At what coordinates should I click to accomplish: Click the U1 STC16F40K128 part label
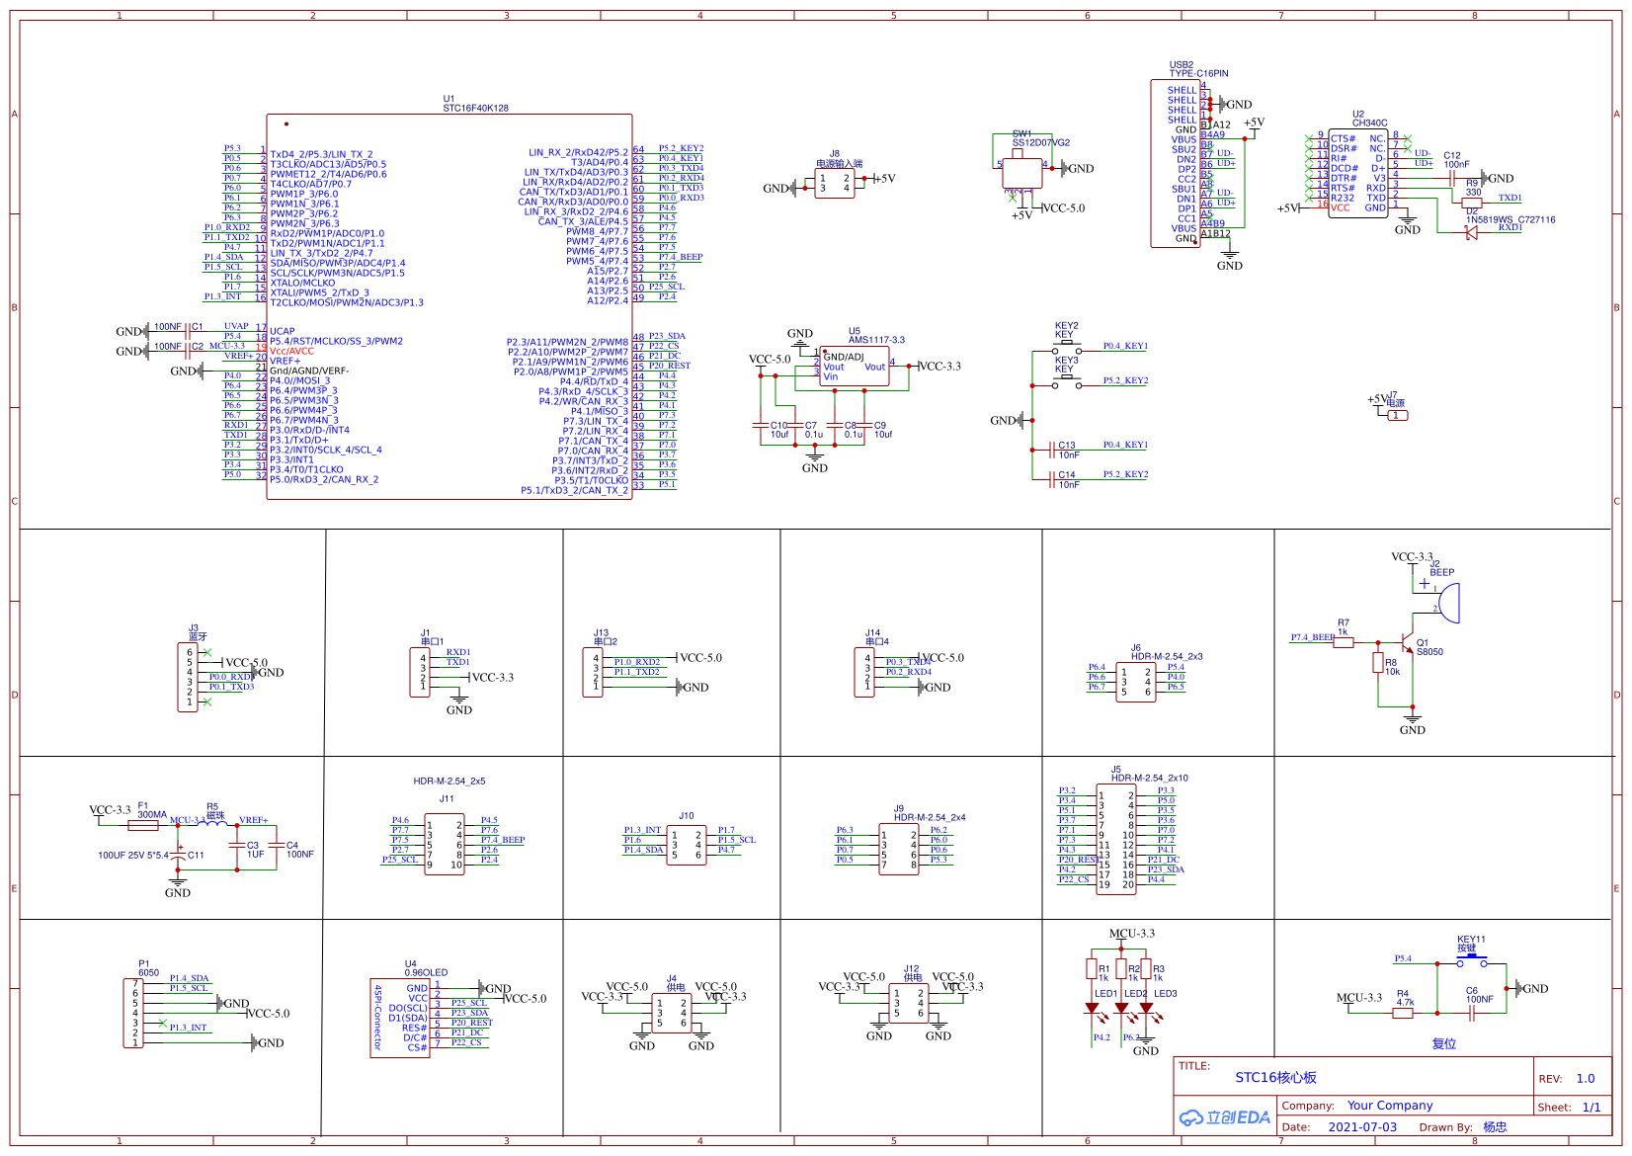point(475,108)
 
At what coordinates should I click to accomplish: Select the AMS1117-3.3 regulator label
point(875,340)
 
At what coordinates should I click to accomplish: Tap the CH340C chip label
point(1369,124)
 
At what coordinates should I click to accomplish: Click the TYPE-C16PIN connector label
point(1198,73)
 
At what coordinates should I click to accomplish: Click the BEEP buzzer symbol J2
point(1447,603)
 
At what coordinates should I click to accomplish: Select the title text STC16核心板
point(1275,1077)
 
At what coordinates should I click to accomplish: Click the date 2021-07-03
point(1362,1127)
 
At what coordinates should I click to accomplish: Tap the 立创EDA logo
point(1225,1117)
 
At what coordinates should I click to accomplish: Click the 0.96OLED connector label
point(426,972)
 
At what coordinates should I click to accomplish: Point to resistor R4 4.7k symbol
point(1404,1013)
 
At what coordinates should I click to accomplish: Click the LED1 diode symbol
point(1093,1009)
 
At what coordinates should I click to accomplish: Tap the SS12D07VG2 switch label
point(1040,142)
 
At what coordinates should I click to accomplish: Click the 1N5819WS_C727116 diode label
point(1510,220)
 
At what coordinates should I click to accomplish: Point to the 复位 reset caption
point(1443,1043)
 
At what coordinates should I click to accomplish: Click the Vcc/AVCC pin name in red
point(291,351)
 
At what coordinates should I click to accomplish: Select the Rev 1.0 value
point(1585,1078)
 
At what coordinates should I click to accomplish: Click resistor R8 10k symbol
point(1378,663)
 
